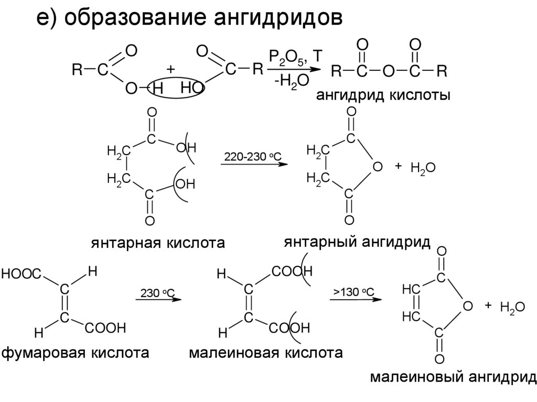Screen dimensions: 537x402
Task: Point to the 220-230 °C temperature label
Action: pyautogui.click(x=253, y=157)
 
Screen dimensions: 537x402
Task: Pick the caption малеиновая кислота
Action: pyautogui.click(x=266, y=352)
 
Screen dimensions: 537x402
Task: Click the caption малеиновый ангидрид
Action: pyautogui.click(x=454, y=377)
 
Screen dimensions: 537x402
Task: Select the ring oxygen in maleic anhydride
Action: pyautogui.click(x=468, y=306)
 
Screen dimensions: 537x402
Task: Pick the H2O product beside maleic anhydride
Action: pyautogui.click(x=512, y=308)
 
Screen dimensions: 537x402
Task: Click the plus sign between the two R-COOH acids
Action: pyautogui.click(x=170, y=69)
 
